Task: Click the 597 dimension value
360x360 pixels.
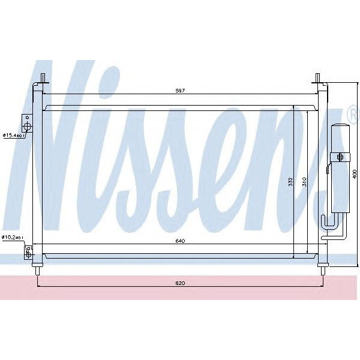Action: pos(179,91)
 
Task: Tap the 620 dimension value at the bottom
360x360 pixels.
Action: pos(179,282)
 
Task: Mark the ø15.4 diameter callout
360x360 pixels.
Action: pos(12,135)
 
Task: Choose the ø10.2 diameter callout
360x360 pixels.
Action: pos(12,238)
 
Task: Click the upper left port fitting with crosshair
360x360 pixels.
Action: pos(27,124)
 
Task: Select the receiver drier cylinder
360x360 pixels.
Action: pos(339,168)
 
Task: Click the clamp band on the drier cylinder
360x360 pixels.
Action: pos(339,158)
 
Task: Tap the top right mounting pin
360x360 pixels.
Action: pos(319,79)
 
